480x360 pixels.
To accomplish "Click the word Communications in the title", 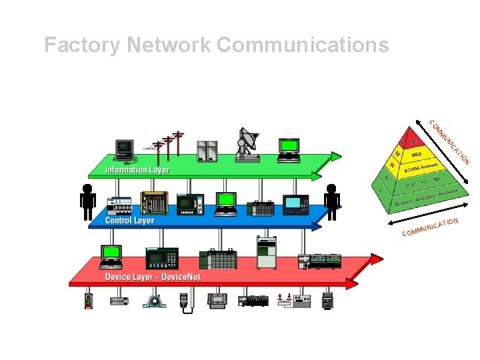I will (303, 45).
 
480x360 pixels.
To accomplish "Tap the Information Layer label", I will (137, 170).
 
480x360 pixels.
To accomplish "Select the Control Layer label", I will (130, 220).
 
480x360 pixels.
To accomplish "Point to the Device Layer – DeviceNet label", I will (153, 277).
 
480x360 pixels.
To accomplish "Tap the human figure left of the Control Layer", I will (87, 201).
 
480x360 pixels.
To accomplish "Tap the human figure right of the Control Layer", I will (332, 201).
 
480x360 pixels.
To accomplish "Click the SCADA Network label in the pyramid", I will (420, 169).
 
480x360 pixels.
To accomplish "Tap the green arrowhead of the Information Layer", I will (335, 158).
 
